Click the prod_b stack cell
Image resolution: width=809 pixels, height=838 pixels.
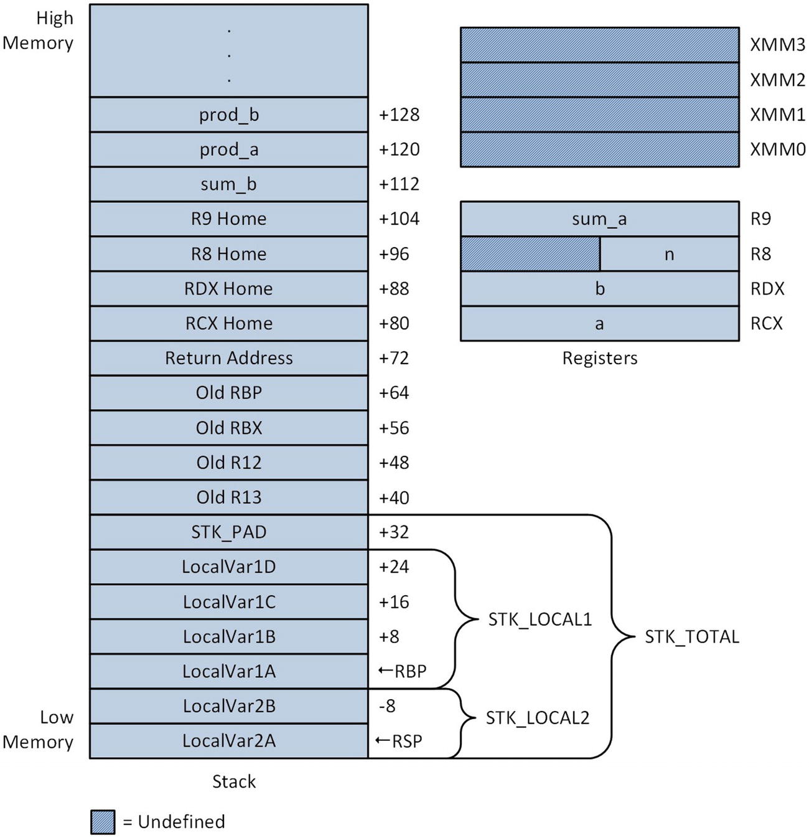(228, 115)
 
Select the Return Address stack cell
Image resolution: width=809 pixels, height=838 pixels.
(228, 358)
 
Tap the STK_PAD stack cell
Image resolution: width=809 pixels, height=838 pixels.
(228, 532)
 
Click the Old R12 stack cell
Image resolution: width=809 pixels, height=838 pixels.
(228, 463)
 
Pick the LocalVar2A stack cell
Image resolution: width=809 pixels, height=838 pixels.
(228, 741)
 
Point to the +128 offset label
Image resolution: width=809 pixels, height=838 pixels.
(399, 115)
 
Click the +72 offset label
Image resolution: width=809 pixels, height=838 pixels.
(394, 358)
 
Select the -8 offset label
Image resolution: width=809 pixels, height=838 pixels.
(387, 706)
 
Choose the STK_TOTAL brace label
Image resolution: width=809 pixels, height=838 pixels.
(691, 637)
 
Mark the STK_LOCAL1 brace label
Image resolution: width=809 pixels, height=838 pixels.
(540, 619)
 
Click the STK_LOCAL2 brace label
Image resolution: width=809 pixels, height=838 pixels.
(537, 718)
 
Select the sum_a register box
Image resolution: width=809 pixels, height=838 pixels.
(599, 219)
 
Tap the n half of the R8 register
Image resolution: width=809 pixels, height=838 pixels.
(670, 254)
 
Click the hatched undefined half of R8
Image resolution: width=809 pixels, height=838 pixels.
(530, 254)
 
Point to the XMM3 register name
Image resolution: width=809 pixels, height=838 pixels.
(777, 45)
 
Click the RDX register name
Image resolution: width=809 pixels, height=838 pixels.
(767, 289)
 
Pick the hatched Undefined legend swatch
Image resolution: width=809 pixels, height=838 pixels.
(103, 822)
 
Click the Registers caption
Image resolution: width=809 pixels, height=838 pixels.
(599, 358)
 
